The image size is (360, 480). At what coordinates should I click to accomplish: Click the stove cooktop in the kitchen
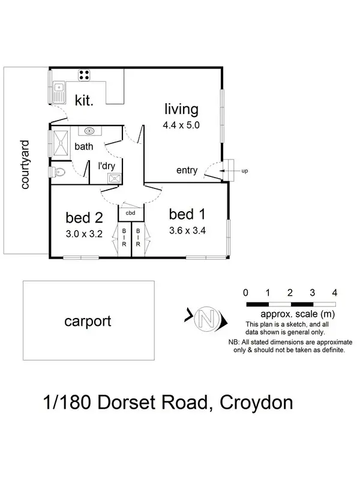tap(85, 75)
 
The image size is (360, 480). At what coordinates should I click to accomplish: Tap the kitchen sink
tap(59, 92)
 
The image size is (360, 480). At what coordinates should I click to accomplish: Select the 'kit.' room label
tap(84, 100)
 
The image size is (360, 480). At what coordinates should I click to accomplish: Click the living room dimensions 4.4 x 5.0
tap(180, 126)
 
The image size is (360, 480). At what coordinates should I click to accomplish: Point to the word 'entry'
tap(187, 170)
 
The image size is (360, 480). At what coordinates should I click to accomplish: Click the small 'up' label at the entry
tap(244, 171)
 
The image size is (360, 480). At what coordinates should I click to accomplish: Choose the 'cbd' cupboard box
tap(130, 212)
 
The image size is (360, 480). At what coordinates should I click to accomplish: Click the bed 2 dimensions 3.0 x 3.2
tap(84, 234)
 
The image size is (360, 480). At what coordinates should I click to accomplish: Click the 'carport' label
tap(88, 321)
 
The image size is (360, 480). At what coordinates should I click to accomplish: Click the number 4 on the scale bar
tap(334, 293)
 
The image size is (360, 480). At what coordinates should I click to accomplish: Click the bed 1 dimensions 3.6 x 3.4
tap(187, 230)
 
